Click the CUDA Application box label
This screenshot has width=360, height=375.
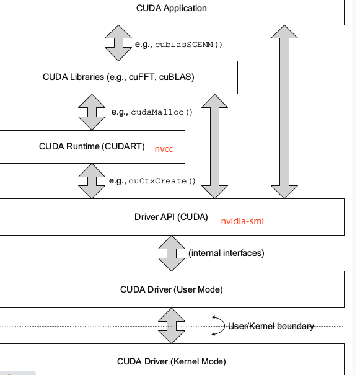click(x=171, y=9)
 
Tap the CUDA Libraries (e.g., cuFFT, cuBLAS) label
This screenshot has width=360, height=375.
click(x=118, y=77)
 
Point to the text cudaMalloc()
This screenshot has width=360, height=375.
click(x=162, y=112)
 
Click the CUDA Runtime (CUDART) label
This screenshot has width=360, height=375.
click(x=92, y=147)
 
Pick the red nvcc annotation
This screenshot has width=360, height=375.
click(x=164, y=149)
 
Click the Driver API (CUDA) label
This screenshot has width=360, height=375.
click(x=171, y=217)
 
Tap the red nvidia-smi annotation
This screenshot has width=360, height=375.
click(x=243, y=220)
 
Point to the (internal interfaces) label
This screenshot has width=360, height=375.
click(x=226, y=253)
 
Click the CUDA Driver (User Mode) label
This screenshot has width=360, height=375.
click(x=171, y=289)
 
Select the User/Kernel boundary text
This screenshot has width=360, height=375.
click(x=271, y=326)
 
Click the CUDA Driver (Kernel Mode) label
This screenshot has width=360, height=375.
click(x=171, y=361)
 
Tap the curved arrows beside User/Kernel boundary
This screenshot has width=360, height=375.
click(x=217, y=325)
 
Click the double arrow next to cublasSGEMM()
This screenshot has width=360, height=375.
click(x=118, y=43)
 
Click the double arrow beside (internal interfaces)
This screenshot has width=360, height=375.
click(x=171, y=253)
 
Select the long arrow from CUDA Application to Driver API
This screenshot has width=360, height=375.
click(x=284, y=112)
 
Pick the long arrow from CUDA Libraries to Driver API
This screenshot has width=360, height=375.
click(x=215, y=146)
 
